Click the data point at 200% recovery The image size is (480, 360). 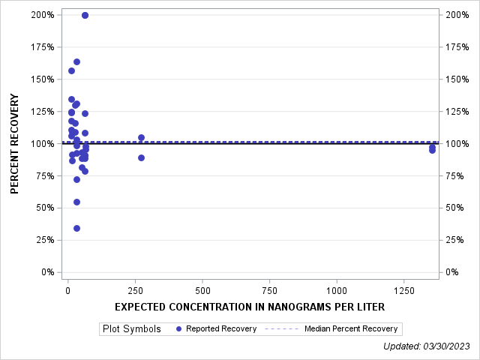pyautogui.click(x=85, y=15)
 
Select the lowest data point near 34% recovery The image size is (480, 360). pyautogui.click(x=76, y=228)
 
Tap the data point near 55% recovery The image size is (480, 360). pyautogui.click(x=76, y=202)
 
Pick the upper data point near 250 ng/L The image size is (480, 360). pyautogui.click(x=141, y=137)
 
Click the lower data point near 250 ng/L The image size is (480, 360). pyautogui.click(x=141, y=157)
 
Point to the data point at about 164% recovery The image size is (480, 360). pyautogui.click(x=76, y=61)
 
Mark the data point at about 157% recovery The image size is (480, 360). pyautogui.click(x=71, y=70)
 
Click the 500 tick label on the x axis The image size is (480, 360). pyautogui.click(x=202, y=290)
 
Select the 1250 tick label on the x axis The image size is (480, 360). pyautogui.click(x=403, y=290)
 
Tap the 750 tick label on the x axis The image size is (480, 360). pyautogui.click(x=269, y=290)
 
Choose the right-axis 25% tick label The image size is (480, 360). pyautogui.click(x=456, y=240)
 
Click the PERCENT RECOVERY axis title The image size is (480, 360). pyautogui.click(x=15, y=143)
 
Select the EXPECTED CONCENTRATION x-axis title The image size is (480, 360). pyautogui.click(x=250, y=307)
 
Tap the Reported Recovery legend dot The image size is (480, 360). pyautogui.click(x=178, y=328)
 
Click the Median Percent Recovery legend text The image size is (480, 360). pyautogui.click(x=351, y=328)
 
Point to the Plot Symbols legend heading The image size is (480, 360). pyautogui.click(x=132, y=328)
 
